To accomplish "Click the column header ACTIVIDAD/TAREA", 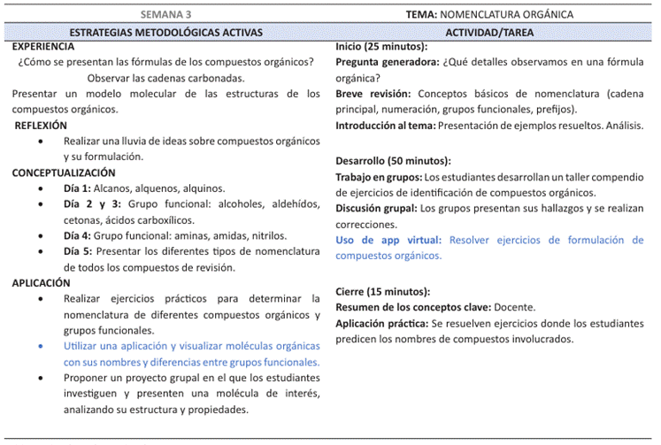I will click(489, 32).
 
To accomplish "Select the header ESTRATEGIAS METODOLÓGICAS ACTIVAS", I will click(165, 32).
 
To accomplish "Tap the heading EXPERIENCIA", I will click(43, 46).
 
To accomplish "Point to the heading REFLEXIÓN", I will click(41, 126).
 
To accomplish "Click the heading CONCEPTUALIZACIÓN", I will click(64, 173).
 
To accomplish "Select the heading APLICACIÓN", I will click(42, 283).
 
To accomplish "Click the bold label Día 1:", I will click(77, 188).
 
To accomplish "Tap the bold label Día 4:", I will click(77, 236).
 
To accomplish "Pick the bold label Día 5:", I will click(77, 252).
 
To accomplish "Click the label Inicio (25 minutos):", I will click(382, 46).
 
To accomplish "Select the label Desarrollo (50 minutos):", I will click(393, 161).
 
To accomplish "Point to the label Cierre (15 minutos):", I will click(383, 291).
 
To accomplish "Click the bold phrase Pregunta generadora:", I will click(387, 62).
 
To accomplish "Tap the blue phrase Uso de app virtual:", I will click(389, 240).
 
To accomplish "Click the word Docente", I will click(513, 307).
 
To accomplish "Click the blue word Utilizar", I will click(84, 347).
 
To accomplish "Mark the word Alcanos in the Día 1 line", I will click(113, 188).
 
